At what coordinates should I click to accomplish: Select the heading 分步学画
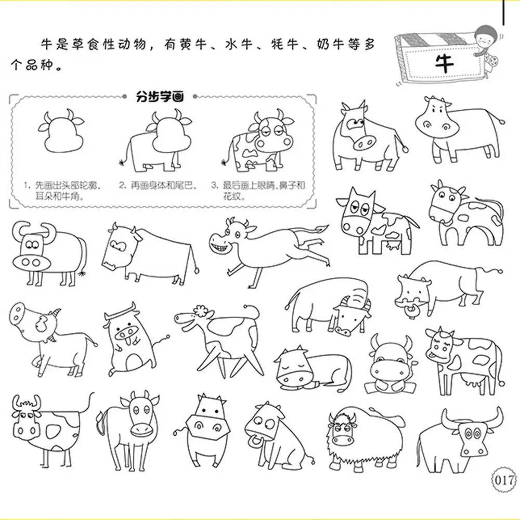click(160, 97)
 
